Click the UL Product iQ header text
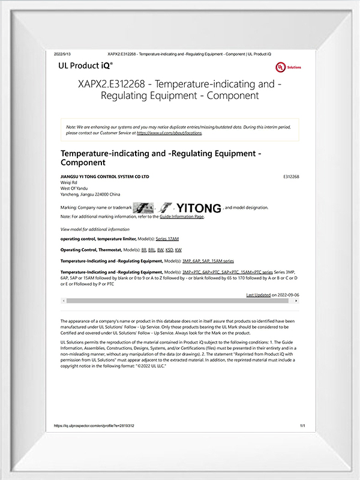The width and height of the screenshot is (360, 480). point(86,63)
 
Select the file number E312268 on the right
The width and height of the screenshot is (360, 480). point(290,177)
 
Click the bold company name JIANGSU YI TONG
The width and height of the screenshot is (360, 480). point(105,177)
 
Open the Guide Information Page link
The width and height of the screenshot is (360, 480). point(182,217)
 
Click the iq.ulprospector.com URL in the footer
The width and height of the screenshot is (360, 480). point(94,425)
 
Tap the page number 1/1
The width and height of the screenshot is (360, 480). point(302,425)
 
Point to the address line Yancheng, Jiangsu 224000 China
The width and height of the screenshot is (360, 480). point(91,195)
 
